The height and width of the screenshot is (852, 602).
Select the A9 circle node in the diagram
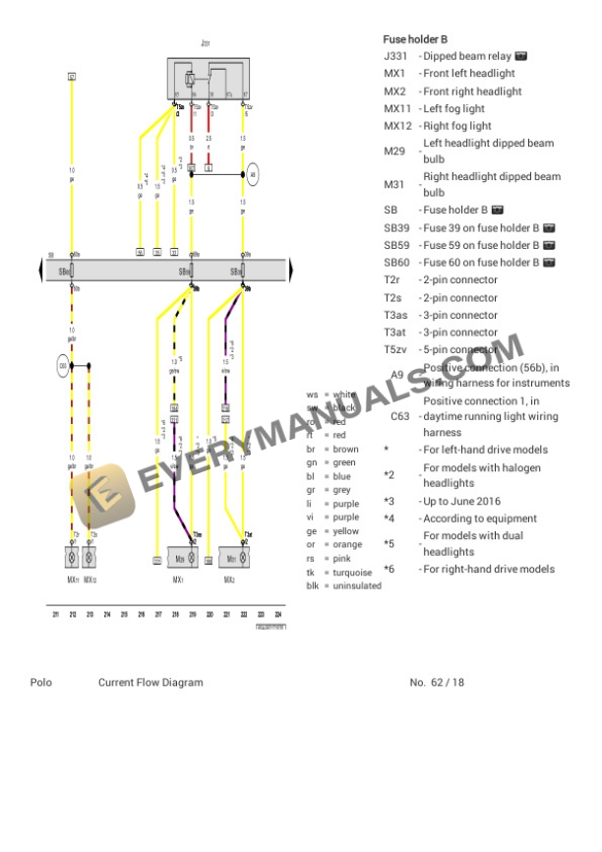coord(253,176)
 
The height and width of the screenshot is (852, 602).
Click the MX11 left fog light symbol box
coord(73,557)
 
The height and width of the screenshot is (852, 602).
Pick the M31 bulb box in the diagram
coord(233,558)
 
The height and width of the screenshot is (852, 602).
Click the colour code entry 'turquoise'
coord(346,572)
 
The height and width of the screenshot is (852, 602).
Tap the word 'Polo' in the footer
coord(41,682)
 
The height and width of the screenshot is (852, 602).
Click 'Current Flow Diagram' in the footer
coord(150,682)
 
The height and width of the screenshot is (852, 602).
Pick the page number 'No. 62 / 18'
coord(437,682)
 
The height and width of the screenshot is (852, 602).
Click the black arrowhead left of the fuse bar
coord(40,270)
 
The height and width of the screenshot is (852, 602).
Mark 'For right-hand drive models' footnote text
coord(489,569)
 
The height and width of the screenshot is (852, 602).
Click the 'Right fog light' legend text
coord(456,126)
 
